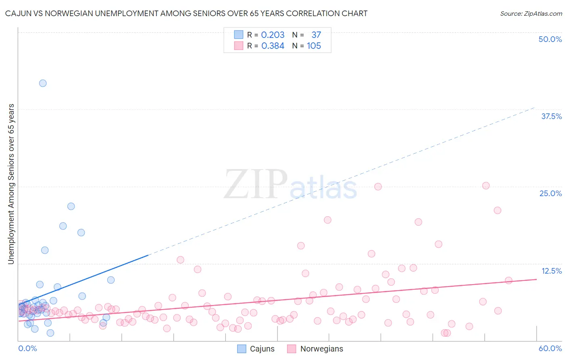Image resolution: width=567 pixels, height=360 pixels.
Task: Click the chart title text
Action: pyautogui.click(x=186, y=13)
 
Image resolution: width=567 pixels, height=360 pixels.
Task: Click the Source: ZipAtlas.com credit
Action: pyautogui.click(x=531, y=13)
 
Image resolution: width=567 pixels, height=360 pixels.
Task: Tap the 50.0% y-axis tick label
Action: pyautogui.click(x=550, y=39)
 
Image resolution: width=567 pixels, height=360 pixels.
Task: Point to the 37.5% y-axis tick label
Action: pyautogui.click(x=551, y=116)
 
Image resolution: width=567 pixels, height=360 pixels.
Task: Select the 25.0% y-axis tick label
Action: pyautogui.click(x=550, y=193)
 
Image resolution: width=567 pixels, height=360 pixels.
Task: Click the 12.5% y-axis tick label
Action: pyautogui.click(x=551, y=271)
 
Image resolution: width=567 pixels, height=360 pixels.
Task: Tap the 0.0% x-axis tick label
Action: pyautogui.click(x=27, y=348)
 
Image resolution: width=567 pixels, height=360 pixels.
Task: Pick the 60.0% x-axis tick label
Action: pyautogui.click(x=550, y=348)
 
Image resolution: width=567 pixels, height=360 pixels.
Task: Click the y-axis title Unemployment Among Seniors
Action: pyautogui.click(x=11, y=184)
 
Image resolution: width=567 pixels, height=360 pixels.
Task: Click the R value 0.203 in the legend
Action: pyautogui.click(x=273, y=35)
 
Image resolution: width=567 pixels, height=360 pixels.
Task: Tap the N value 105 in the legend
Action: pyautogui.click(x=314, y=46)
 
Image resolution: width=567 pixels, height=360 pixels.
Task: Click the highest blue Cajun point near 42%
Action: pyautogui.click(x=43, y=83)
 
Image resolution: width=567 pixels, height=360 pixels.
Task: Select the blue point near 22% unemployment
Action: pyautogui.click(x=71, y=206)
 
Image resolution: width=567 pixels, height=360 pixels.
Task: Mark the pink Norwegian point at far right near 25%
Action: pyautogui.click(x=486, y=186)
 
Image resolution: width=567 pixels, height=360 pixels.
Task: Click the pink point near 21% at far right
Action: pyautogui.click(x=497, y=210)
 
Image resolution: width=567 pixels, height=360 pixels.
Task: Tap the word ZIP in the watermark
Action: pyautogui.click(x=256, y=184)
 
